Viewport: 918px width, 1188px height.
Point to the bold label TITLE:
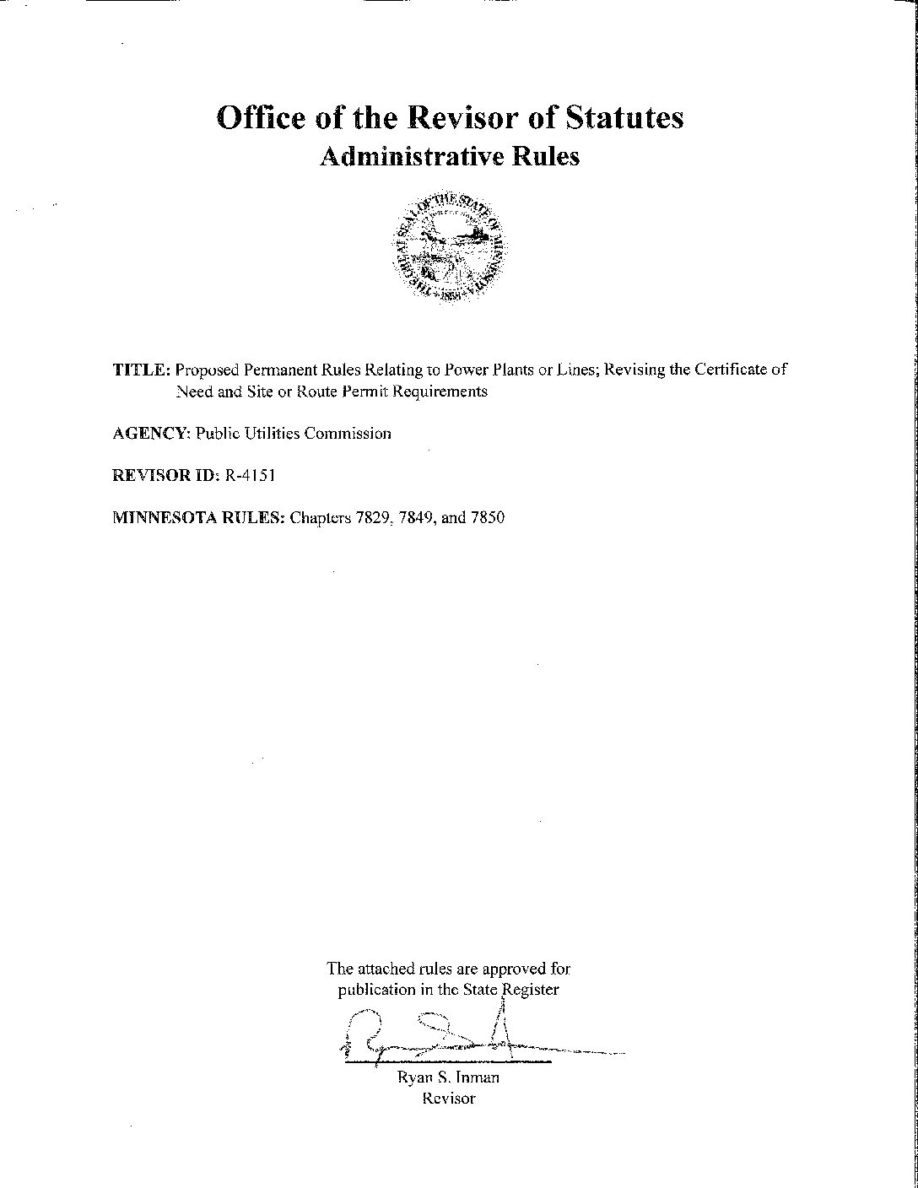coord(142,370)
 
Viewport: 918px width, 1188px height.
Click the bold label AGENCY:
coord(152,434)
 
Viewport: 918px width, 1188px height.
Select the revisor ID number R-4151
coord(250,476)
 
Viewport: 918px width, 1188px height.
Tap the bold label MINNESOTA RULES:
coord(198,518)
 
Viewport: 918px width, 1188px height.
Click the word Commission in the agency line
coord(348,434)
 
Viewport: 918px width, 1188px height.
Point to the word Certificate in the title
coord(732,370)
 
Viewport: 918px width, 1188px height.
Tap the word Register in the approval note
coord(530,990)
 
